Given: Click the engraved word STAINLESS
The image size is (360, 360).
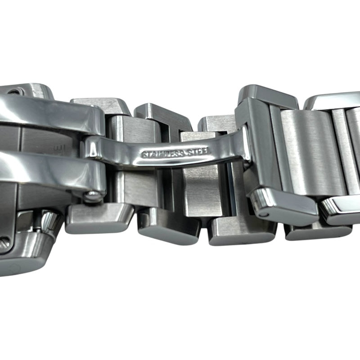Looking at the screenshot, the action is [162, 153].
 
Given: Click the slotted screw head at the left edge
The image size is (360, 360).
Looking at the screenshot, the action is [5, 242].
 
